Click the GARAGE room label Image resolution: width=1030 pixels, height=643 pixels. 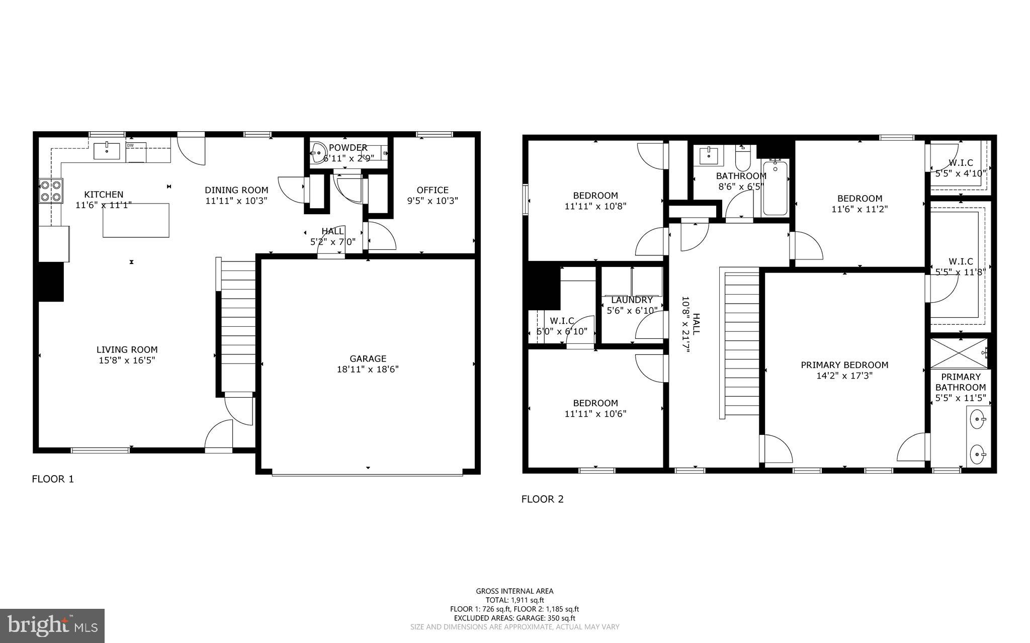click(x=368, y=358)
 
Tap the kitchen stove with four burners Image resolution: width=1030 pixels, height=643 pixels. click(x=51, y=191)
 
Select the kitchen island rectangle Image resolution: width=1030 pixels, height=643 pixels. click(x=136, y=220)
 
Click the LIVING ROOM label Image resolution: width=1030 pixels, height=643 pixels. click(x=127, y=350)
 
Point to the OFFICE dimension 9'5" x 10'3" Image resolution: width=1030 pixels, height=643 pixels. click(x=432, y=201)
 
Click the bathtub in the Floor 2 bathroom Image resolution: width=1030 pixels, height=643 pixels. click(x=775, y=188)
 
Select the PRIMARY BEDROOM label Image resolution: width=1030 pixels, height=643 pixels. click(x=844, y=365)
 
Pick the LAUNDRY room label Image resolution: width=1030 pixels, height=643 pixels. click(x=632, y=300)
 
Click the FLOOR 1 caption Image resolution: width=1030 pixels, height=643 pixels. click(x=53, y=479)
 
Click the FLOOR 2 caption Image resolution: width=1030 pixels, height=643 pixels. click(x=542, y=499)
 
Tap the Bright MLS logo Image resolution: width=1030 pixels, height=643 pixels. click(x=52, y=625)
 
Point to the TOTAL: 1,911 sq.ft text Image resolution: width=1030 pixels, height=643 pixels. click(x=514, y=600)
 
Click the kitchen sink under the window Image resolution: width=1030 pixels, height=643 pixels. click(x=107, y=150)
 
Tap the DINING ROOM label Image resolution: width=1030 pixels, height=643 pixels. click(x=236, y=190)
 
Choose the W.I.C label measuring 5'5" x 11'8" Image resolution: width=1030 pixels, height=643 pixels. click(x=960, y=261)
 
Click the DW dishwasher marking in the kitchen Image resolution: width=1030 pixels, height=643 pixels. click(x=130, y=146)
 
